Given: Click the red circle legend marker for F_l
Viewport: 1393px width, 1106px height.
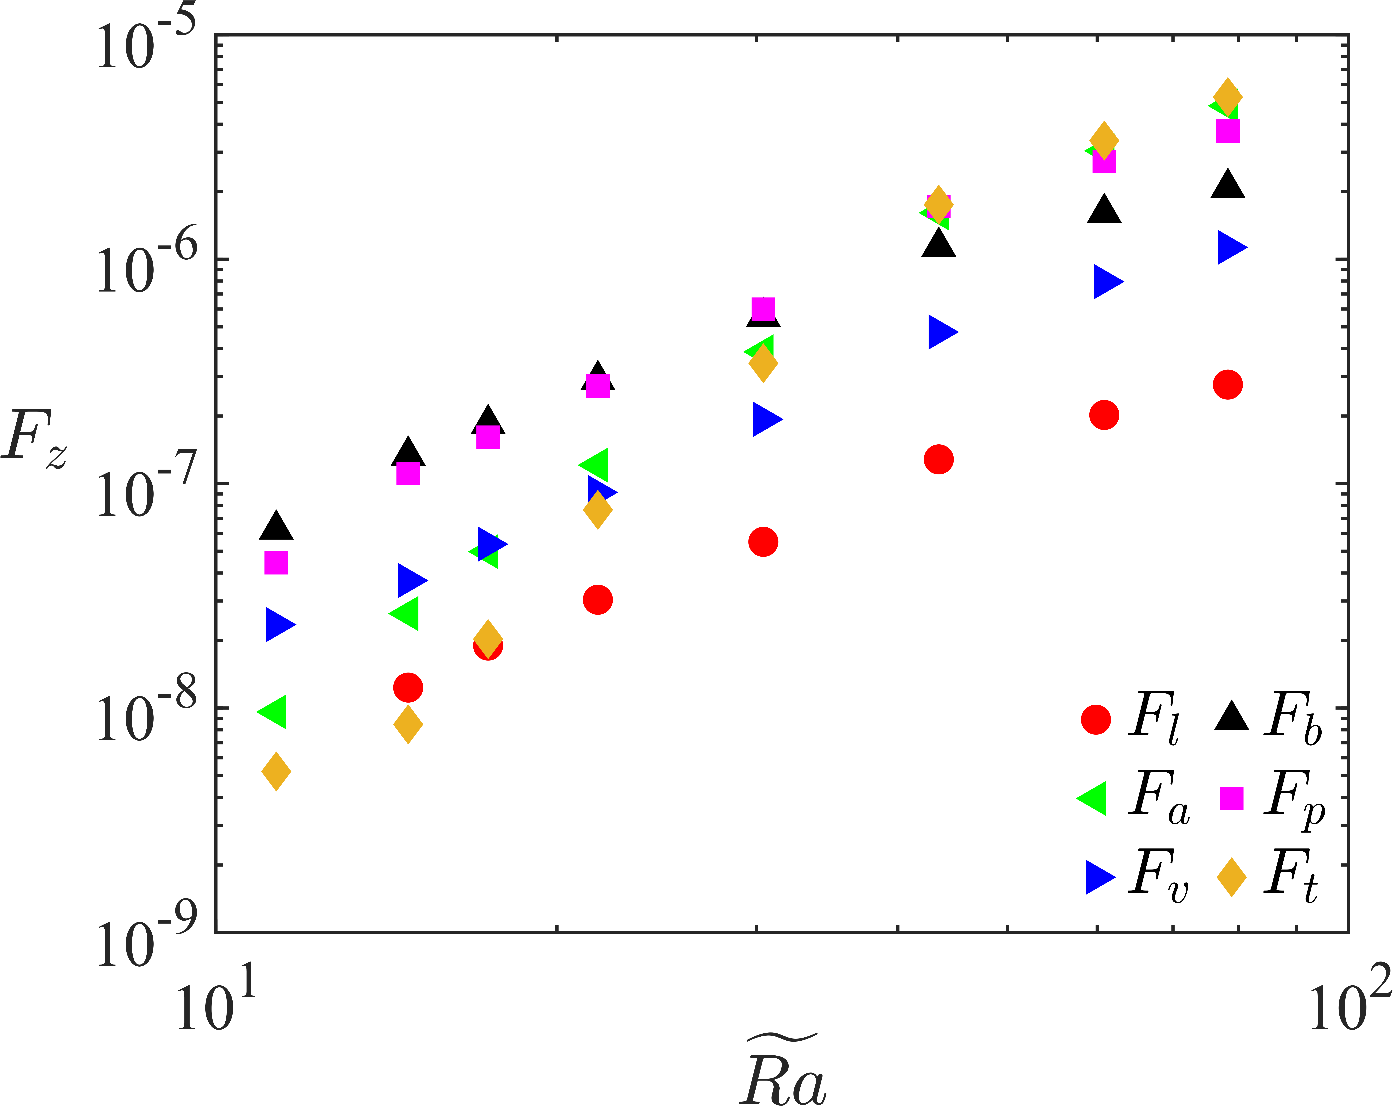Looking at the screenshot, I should pos(1096,719).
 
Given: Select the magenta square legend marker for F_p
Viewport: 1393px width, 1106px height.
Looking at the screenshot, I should pos(1232,798).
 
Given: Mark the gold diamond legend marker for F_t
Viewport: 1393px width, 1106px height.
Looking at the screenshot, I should pos(1232,877).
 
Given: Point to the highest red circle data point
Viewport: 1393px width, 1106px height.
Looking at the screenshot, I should pos(1228,385).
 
